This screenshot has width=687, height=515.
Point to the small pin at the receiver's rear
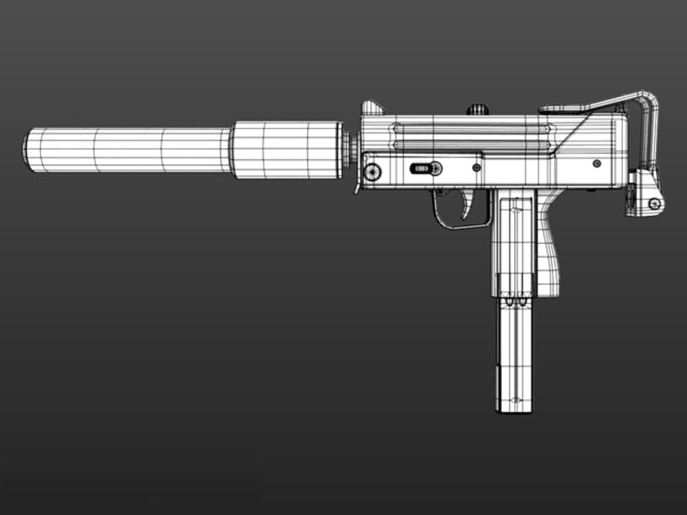pos(596,164)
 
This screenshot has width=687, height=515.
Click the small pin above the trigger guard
pos(476,168)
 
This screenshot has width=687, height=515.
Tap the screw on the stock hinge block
pos(656,204)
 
